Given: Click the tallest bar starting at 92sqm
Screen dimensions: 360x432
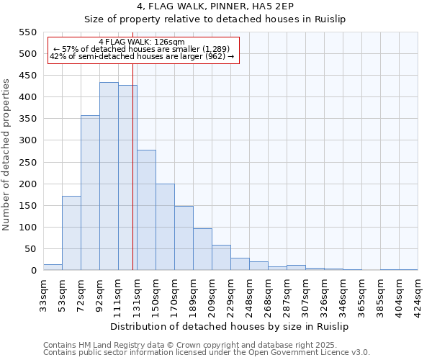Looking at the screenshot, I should tap(109, 176).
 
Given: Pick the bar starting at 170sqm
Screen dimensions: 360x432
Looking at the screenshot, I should tap(184, 238).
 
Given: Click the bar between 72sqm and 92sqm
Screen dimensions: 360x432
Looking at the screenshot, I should tap(90, 193).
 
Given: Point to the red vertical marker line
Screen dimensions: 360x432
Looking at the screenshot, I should tap(133, 180).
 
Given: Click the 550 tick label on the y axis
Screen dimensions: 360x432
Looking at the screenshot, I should tap(27, 32).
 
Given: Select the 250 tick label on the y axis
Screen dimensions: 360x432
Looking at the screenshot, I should tap(27, 163).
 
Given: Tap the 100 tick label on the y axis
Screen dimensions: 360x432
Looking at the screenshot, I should tap(27, 228).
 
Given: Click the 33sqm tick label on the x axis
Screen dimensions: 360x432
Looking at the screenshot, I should tap(43, 293).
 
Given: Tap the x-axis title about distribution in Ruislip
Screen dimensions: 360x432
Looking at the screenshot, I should tap(230, 326).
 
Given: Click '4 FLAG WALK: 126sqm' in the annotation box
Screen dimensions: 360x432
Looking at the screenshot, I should tap(142, 42).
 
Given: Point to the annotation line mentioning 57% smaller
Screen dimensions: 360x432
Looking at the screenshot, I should tap(142, 49).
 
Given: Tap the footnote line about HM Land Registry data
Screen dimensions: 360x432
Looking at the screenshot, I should tap(205, 345).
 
